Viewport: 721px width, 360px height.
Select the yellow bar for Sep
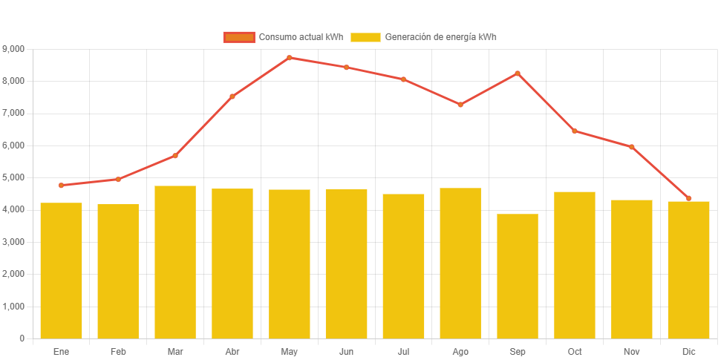pyautogui.click(x=518, y=276)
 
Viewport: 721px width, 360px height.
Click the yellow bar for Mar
pyautogui.click(x=175, y=262)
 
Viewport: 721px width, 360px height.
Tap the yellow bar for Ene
pyautogui.click(x=61, y=270)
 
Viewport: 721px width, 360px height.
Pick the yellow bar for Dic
pyautogui.click(x=688, y=269)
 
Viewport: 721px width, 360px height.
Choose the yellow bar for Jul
pyautogui.click(x=403, y=266)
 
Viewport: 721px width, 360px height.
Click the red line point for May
pyautogui.click(x=290, y=57)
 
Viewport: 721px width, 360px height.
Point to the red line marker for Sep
pyautogui.click(x=518, y=73)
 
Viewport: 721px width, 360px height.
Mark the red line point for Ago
pyautogui.click(x=460, y=105)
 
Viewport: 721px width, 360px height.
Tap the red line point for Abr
pyautogui.click(x=232, y=96)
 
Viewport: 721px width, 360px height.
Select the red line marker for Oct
pyautogui.click(x=575, y=131)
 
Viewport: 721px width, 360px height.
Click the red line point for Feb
pyautogui.click(x=118, y=179)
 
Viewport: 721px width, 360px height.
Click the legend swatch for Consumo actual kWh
pyautogui.click(x=239, y=37)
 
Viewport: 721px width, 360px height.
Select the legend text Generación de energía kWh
pyautogui.click(x=441, y=37)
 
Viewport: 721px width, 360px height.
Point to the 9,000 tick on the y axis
pyautogui.click(x=13, y=48)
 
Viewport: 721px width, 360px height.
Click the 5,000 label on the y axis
pyautogui.click(x=13, y=177)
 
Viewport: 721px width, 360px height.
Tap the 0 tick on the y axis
pyautogui.click(x=22, y=338)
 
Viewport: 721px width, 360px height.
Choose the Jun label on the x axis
pyautogui.click(x=346, y=351)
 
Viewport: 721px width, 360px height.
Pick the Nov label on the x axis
pyautogui.click(x=632, y=351)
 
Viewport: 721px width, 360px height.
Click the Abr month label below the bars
pyautogui.click(x=232, y=351)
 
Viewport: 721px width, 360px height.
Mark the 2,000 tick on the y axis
pyautogui.click(x=13, y=274)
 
